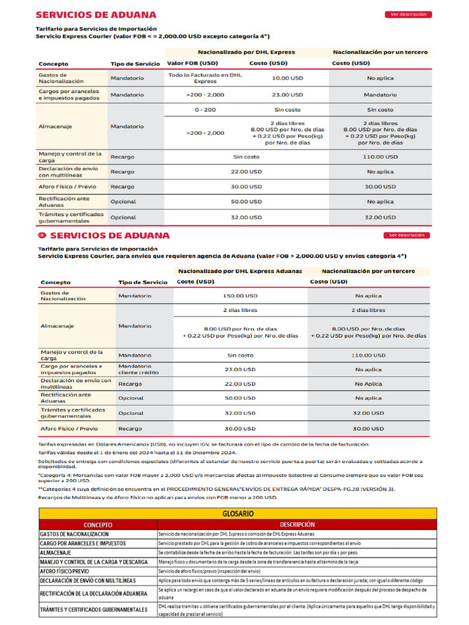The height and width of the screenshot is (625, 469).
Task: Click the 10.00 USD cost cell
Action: pos(287,78)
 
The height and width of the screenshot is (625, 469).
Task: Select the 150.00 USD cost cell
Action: pos(240,295)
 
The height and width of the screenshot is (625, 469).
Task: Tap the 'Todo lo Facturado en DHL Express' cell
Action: pos(205,78)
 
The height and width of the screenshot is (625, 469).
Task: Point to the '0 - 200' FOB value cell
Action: pos(205,110)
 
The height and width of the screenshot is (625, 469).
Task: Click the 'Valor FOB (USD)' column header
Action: pos(192,63)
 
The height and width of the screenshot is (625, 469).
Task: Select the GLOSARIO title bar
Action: pos(238,514)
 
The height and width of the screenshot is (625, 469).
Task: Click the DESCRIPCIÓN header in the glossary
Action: pos(297,524)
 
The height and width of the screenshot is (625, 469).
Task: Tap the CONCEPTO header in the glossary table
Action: pos(98,524)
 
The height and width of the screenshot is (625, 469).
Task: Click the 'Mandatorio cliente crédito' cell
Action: pos(138,369)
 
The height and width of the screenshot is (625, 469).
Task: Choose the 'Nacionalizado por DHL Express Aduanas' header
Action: pos(240,270)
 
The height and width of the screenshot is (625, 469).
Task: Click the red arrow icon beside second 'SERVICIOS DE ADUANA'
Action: pos(42,235)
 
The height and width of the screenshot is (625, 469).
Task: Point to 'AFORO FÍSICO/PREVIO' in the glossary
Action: pos(65,571)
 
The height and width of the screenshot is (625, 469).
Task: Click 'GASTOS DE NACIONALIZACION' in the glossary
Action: pos(75,534)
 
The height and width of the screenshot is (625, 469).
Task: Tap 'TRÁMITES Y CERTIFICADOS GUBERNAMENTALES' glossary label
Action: pos(94,610)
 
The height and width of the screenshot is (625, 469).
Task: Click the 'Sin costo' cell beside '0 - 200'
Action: pos(287,110)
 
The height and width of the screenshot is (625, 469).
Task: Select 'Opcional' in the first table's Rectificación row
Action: pos(123,201)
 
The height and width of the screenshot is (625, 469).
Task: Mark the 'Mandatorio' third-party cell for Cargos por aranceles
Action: pos(380,95)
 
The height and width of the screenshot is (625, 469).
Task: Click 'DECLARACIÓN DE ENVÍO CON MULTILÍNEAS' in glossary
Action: pos(88,580)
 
